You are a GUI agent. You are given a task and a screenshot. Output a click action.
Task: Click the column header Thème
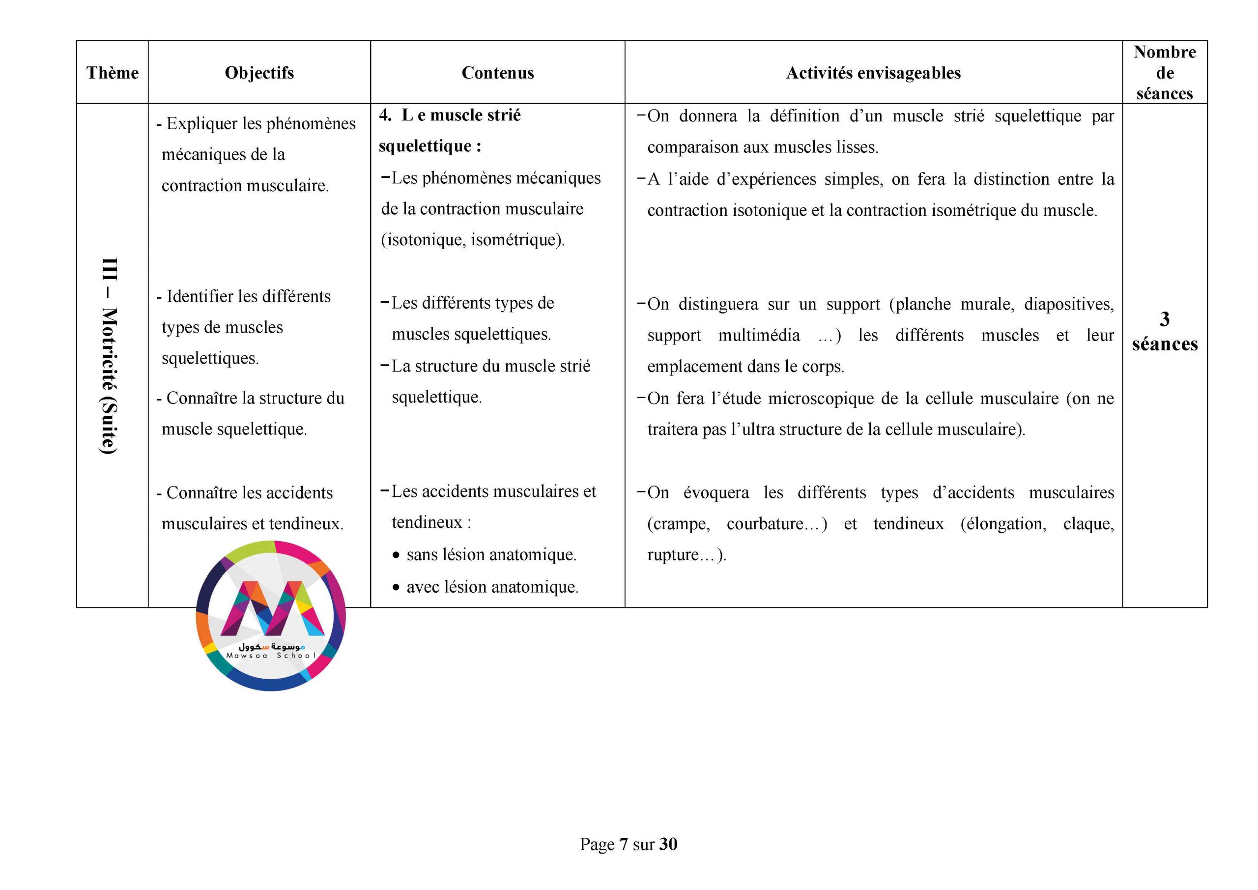(113, 73)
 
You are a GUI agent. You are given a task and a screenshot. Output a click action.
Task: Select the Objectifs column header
(259, 73)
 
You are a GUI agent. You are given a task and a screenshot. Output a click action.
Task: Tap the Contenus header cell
(497, 73)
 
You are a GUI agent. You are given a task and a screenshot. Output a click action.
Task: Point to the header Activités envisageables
(873, 73)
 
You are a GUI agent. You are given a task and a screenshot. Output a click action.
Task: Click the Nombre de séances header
(1164, 72)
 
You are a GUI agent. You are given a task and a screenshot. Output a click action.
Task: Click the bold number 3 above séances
(1164, 319)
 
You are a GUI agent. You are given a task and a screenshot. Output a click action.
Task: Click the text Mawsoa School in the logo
(271, 656)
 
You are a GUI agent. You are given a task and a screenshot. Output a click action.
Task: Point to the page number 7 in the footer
(624, 844)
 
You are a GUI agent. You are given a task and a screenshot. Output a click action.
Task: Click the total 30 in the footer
(668, 844)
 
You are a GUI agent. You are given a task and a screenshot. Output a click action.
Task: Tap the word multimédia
(759, 335)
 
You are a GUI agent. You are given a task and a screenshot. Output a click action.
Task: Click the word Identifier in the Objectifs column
(200, 296)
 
